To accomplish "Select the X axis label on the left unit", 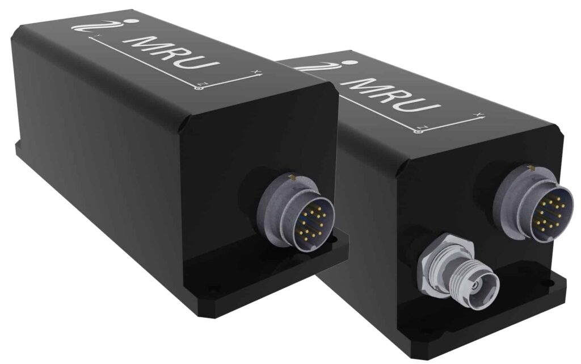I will pyautogui.click(x=256, y=72).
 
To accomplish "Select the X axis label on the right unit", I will pyautogui.click(x=481, y=114).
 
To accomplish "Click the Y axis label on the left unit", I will pyautogui.click(x=98, y=36).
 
